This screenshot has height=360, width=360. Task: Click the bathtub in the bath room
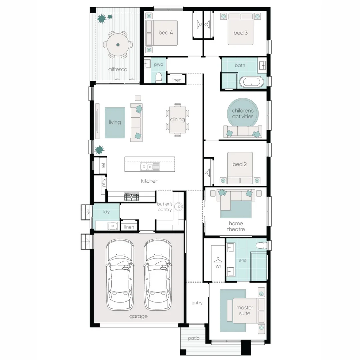click(252, 82)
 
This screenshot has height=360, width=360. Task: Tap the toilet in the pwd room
click(159, 78)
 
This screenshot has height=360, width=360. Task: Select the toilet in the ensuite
click(261, 245)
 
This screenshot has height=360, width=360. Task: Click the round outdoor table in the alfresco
click(118, 45)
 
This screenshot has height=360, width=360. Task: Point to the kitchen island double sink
click(150, 167)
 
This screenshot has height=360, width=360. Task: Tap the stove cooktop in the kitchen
click(131, 197)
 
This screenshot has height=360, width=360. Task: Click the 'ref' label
click(103, 165)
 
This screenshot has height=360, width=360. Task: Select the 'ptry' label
click(104, 183)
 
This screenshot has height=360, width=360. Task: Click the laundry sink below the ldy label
click(112, 226)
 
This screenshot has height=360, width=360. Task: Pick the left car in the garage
click(120, 275)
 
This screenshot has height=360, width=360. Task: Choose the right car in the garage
click(158, 275)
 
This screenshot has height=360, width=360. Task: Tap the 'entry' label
click(197, 303)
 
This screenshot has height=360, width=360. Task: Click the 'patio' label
click(194, 338)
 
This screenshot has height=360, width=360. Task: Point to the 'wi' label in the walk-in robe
click(218, 266)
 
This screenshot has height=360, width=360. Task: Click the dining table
click(177, 120)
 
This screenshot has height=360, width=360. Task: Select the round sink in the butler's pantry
click(178, 207)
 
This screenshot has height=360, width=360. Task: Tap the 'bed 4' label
click(166, 33)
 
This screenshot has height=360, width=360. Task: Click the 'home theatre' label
click(236, 226)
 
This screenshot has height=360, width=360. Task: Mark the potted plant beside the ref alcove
click(99, 150)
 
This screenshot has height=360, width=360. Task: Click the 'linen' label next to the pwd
click(176, 80)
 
